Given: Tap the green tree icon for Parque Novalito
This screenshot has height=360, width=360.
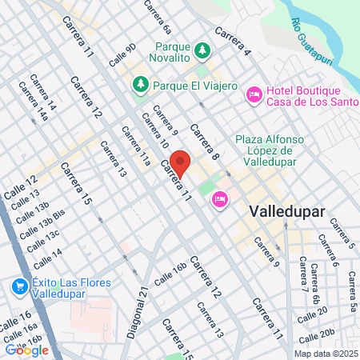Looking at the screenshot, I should click(203, 50).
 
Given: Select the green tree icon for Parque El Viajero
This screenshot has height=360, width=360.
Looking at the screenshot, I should click(141, 83).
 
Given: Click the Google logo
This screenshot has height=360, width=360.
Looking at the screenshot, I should click(27, 349).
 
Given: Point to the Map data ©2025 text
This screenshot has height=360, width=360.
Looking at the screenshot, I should click(325, 353).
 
